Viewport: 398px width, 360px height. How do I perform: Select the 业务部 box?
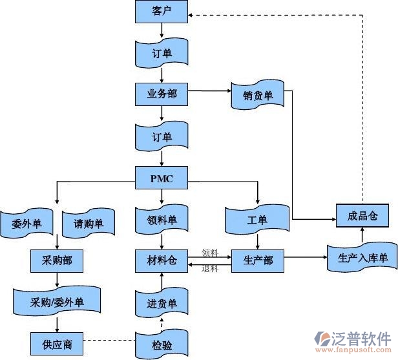click(162, 94)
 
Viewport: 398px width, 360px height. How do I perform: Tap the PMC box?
click(162, 177)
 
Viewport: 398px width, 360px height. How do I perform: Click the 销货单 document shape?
click(258, 96)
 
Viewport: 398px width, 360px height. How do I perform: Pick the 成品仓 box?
click(362, 215)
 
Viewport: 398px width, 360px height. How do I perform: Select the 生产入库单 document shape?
click(362, 259)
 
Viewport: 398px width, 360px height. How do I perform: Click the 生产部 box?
click(258, 260)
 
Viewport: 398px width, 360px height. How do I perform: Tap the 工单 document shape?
click(257, 220)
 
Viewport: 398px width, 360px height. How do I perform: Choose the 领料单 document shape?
click(162, 220)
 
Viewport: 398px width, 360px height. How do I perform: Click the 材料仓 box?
click(162, 260)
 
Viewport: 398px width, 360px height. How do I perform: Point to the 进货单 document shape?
click(162, 303)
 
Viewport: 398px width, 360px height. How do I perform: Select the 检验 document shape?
click(162, 344)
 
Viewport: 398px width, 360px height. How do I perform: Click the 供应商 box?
click(59, 343)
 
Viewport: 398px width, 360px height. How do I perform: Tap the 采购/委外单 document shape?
click(57, 302)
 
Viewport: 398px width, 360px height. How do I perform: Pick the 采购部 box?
click(59, 260)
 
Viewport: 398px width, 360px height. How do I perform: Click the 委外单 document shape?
click(26, 224)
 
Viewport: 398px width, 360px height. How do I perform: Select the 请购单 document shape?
click(89, 224)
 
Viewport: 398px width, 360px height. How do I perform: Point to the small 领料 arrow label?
click(209, 253)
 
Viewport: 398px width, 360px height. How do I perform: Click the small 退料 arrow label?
click(209, 268)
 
